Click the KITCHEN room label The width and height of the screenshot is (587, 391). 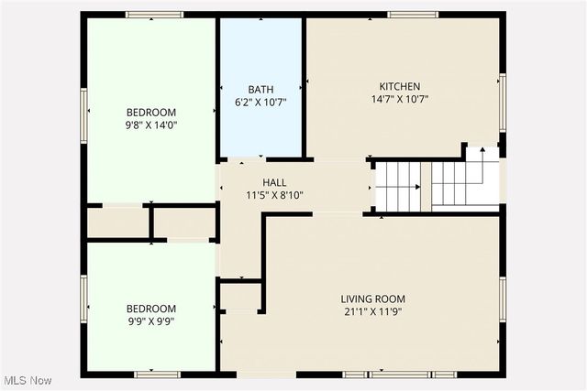tap(401, 86)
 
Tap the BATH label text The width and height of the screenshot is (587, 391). tap(260, 89)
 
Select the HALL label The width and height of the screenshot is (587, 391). tap(274, 182)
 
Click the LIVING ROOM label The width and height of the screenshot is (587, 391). tap(372, 299)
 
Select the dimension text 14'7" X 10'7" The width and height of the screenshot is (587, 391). tap(401, 99)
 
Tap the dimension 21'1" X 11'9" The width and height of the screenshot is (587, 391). tap(372, 311)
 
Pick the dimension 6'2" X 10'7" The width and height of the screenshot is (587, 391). tap(260, 102)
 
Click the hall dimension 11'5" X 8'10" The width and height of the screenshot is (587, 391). tap(274, 195)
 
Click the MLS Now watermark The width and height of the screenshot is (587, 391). tap(27, 380)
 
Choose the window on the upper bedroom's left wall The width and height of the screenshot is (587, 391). tap(83, 115)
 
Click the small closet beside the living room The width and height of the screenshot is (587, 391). tap(241, 298)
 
